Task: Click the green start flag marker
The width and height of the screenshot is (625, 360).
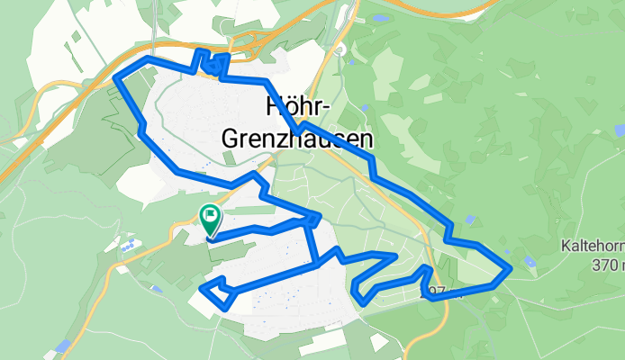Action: click(210, 216)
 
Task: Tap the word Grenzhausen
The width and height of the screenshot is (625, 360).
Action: click(296, 139)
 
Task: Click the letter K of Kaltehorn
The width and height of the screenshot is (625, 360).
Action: click(564, 246)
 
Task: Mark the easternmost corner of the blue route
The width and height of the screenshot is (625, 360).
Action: click(510, 268)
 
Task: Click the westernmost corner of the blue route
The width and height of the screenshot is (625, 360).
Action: click(115, 78)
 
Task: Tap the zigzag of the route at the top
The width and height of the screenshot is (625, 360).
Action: click(211, 63)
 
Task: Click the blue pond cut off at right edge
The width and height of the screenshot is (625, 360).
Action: click(620, 131)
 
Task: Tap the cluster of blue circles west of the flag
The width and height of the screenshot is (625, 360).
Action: click(131, 244)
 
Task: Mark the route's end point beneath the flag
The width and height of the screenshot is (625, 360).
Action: click(210, 238)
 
